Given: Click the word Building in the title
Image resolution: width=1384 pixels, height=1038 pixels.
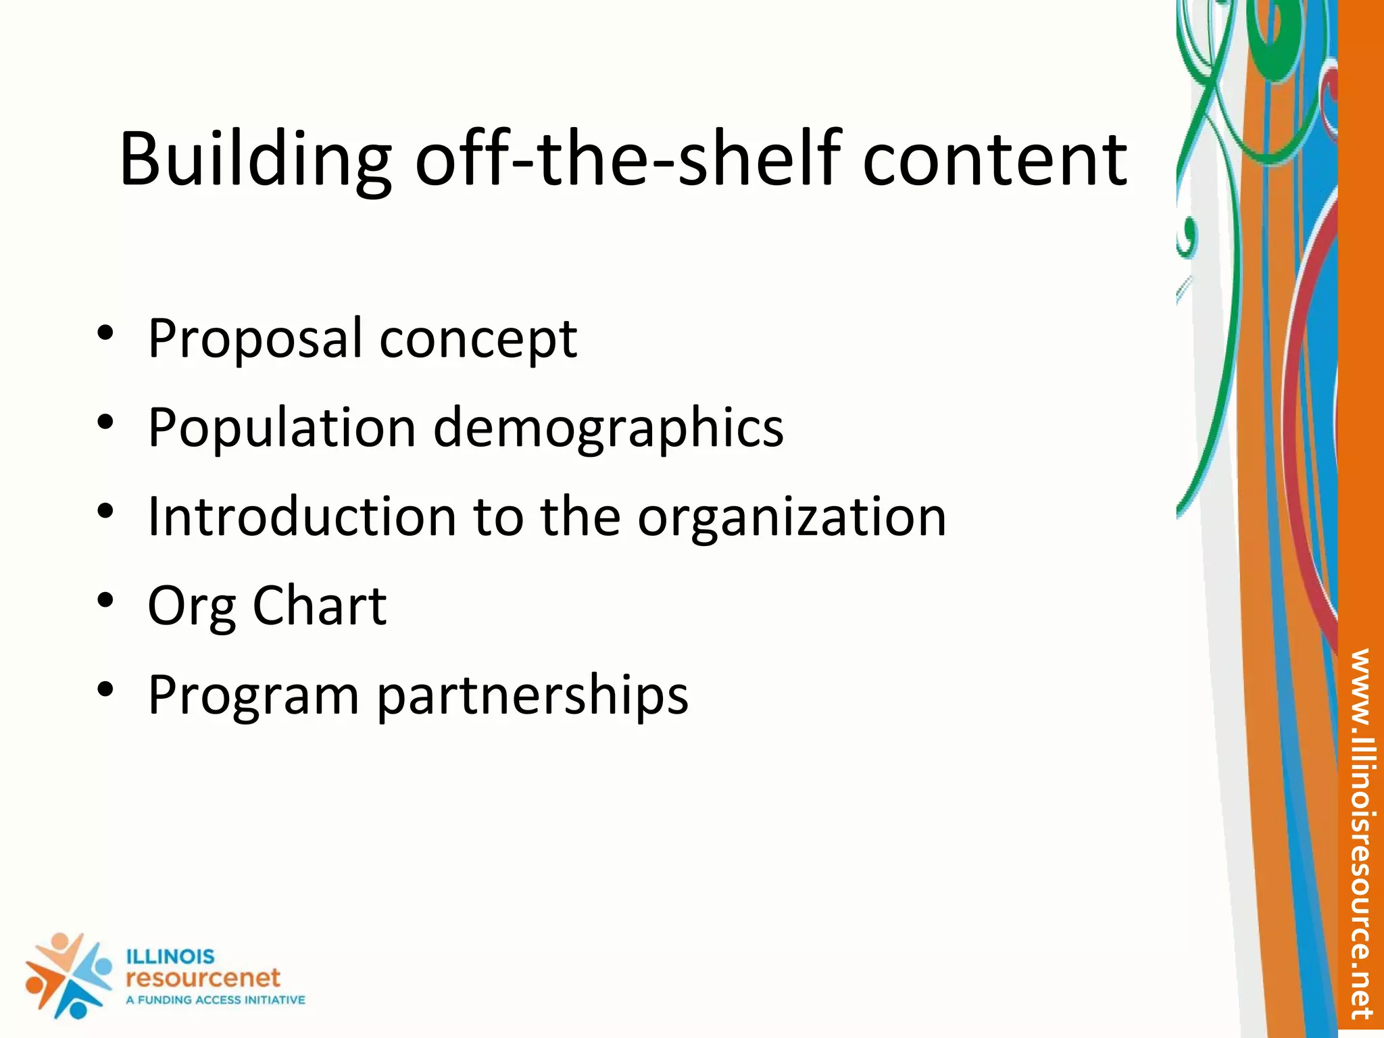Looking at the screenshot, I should (x=255, y=159).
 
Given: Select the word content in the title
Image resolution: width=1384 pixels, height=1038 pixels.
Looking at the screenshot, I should (x=995, y=159).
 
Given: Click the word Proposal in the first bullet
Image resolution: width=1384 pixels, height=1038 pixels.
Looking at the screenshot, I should (x=255, y=338).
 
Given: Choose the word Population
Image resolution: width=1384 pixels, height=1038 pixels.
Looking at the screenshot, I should (x=282, y=428).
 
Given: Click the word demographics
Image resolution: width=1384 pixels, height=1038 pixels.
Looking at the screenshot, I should (x=608, y=428).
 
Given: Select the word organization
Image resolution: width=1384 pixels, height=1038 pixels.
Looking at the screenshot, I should (x=792, y=518).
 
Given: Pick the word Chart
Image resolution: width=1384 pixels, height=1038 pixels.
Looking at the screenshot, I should (x=320, y=605).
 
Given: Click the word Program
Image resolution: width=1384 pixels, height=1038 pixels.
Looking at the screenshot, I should (x=253, y=695).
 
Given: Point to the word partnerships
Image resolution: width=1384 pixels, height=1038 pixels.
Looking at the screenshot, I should (x=533, y=695).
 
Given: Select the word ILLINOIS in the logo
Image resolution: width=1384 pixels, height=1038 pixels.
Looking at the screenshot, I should (x=170, y=956).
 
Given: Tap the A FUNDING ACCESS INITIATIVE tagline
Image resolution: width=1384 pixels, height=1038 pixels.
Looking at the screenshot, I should (x=216, y=999).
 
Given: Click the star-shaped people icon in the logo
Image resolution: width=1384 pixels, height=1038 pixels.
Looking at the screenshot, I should (x=68, y=975).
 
